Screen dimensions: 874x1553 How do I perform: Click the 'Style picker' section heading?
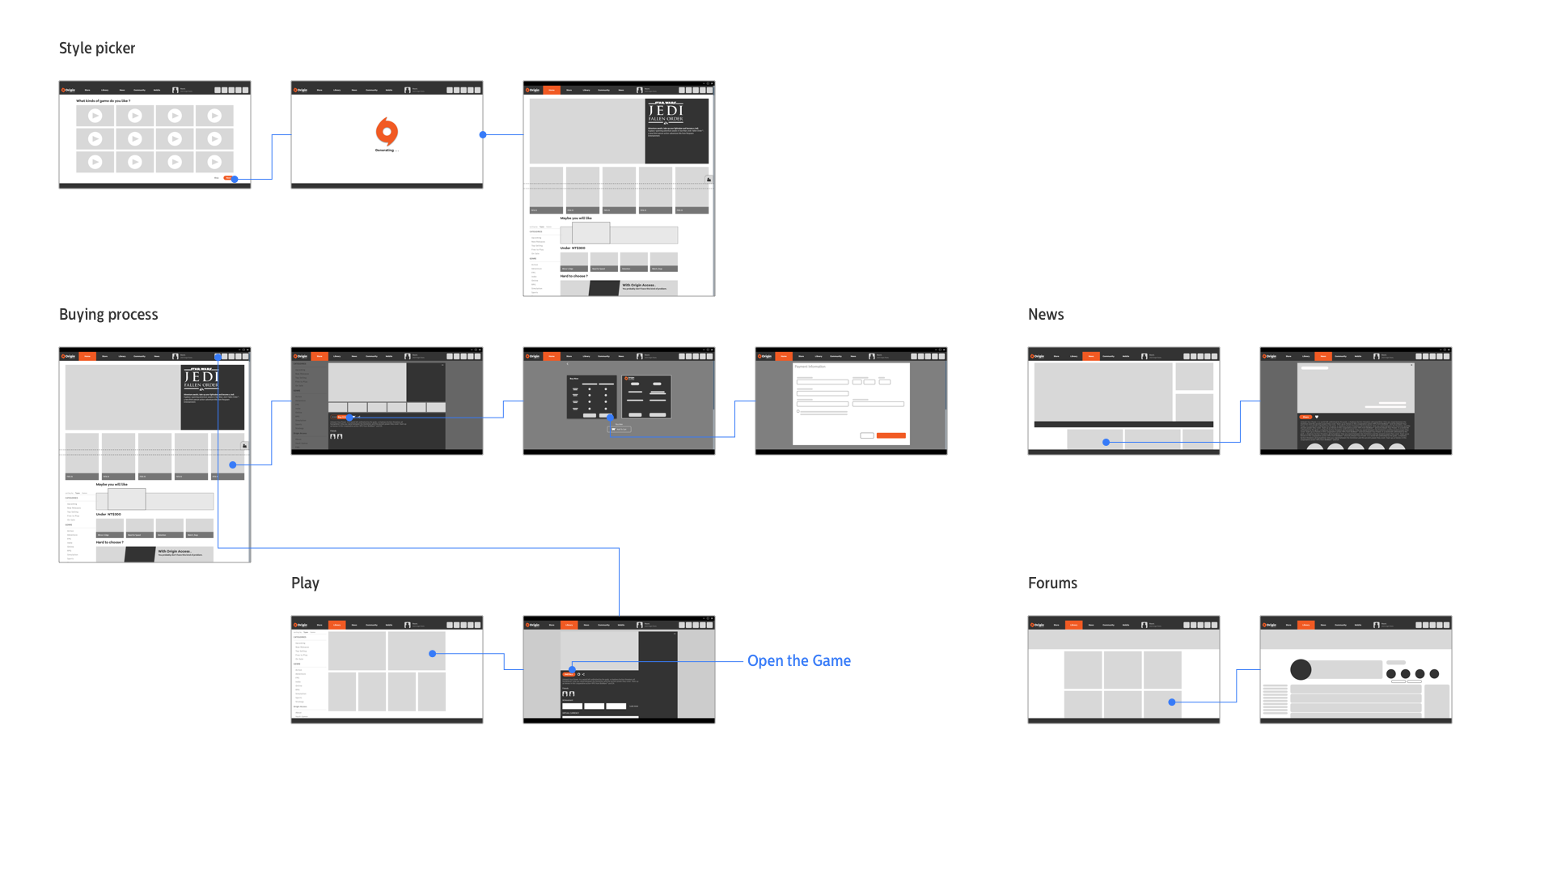tap(97, 49)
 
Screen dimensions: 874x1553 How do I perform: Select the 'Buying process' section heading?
tap(108, 315)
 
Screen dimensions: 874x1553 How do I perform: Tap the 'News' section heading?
tap(1046, 315)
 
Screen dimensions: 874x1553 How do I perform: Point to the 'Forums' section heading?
tap(1052, 583)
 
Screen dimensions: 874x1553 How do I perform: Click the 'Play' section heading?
tap(305, 583)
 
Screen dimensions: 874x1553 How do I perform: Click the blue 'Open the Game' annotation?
tap(798, 661)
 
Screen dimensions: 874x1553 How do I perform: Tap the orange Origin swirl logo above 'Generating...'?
tap(387, 131)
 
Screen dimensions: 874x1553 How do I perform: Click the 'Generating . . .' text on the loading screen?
tap(387, 151)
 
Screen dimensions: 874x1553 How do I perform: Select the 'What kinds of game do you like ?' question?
tap(103, 101)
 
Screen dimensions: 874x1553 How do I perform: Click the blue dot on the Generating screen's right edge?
tap(483, 135)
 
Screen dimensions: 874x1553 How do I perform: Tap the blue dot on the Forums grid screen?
tap(1172, 702)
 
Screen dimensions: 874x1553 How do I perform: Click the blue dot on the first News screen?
tap(1106, 443)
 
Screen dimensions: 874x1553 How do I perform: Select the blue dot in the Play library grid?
tap(433, 654)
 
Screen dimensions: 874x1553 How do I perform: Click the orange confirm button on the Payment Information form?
tap(891, 435)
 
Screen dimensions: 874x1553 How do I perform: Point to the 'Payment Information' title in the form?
tap(810, 367)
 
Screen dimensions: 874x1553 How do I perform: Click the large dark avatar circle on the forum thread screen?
tap(1301, 670)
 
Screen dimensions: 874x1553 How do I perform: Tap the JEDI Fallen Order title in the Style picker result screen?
tap(666, 111)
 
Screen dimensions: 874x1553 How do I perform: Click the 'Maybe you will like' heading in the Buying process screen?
tap(112, 485)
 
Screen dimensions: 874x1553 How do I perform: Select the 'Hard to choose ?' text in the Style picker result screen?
tap(574, 277)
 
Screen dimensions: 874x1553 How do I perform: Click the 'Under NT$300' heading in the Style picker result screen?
tap(573, 248)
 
